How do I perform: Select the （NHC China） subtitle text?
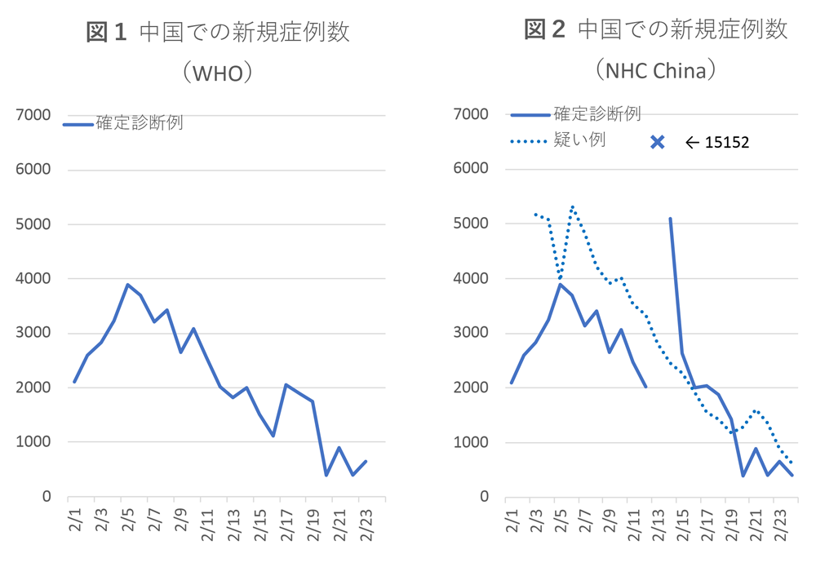655,71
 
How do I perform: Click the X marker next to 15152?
658,142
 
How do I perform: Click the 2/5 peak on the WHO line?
127,285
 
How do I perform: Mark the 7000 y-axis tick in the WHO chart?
34,115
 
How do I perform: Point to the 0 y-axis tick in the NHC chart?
485,497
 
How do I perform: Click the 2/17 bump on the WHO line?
286,384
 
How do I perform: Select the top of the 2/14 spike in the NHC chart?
670,219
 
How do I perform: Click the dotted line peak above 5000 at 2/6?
573,206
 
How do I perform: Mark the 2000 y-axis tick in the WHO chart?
34,388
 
